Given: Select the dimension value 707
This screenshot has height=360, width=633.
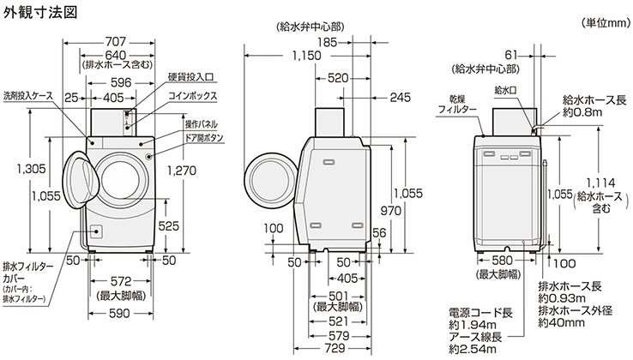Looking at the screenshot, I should pos(120,40).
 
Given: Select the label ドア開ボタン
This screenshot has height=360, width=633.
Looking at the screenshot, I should pos(202,136).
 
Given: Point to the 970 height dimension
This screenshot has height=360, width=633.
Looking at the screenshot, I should pos(391,211).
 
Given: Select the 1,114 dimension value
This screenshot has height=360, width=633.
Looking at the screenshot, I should pos(590,181).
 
